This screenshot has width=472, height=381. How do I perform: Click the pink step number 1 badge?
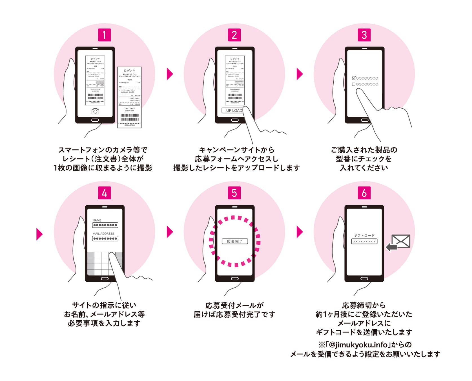click(104, 35)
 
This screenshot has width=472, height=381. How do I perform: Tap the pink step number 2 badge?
click(234, 35)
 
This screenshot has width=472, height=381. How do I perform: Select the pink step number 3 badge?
click(364, 35)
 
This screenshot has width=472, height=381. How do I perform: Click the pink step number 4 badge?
click(104, 193)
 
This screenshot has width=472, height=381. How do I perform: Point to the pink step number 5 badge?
click(234, 193)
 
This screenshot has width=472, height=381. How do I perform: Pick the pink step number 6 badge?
click(364, 193)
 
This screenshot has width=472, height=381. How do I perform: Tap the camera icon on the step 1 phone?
click(95, 111)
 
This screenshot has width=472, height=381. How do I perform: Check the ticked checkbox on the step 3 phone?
click(354, 78)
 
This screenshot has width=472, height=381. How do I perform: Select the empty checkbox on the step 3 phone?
click(354, 84)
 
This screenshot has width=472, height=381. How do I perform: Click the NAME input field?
click(105, 225)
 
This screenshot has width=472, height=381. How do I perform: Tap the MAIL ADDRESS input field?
click(105, 238)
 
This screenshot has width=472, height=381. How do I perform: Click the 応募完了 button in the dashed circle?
click(235, 241)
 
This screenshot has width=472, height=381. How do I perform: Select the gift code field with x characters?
click(364, 242)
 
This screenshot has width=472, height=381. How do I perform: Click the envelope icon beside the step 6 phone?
click(401, 241)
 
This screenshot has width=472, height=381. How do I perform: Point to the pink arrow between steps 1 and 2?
click(170, 74)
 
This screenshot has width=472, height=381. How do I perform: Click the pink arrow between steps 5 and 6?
click(300, 232)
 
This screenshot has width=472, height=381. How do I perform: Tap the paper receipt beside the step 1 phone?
click(129, 97)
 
